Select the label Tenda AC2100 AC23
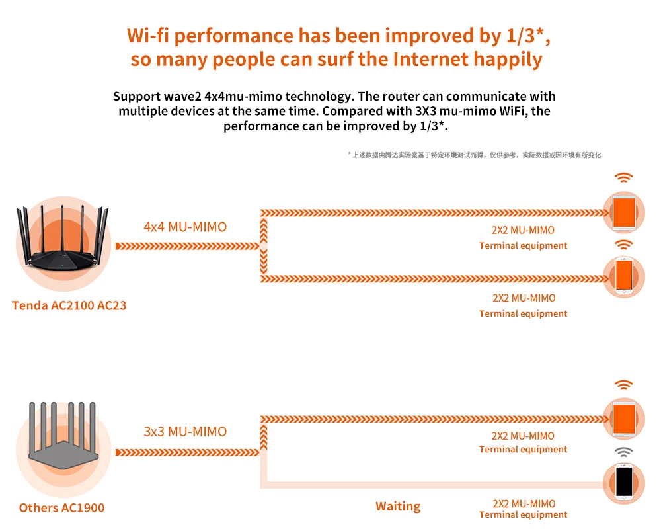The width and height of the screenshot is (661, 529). pos(69,306)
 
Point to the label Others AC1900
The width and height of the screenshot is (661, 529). pos(61,508)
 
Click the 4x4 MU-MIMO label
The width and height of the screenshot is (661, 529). pos(185,227)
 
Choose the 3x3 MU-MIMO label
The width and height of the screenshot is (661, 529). pos(185,432)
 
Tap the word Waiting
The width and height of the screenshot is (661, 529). pos(398,507)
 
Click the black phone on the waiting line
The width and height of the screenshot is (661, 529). pos(624,481)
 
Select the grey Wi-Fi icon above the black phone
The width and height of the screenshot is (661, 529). pos(623,452)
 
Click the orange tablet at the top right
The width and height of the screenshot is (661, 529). pos(624,212)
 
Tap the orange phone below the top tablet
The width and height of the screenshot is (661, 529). pos(624,275)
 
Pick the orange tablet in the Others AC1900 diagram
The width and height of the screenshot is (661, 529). pos(624,418)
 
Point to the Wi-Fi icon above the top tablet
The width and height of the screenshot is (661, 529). pos(623,177)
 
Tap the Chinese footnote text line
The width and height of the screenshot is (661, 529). pos(474,155)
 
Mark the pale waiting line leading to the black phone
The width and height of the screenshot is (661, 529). pos(430,487)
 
